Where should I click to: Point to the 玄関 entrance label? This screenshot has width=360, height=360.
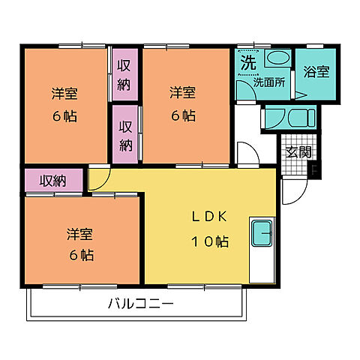click(x=298, y=152)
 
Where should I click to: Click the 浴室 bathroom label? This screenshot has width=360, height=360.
click(x=315, y=72)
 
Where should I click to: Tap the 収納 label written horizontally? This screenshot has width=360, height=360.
click(x=52, y=181)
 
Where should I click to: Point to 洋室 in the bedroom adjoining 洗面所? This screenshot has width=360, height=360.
click(x=183, y=93)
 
